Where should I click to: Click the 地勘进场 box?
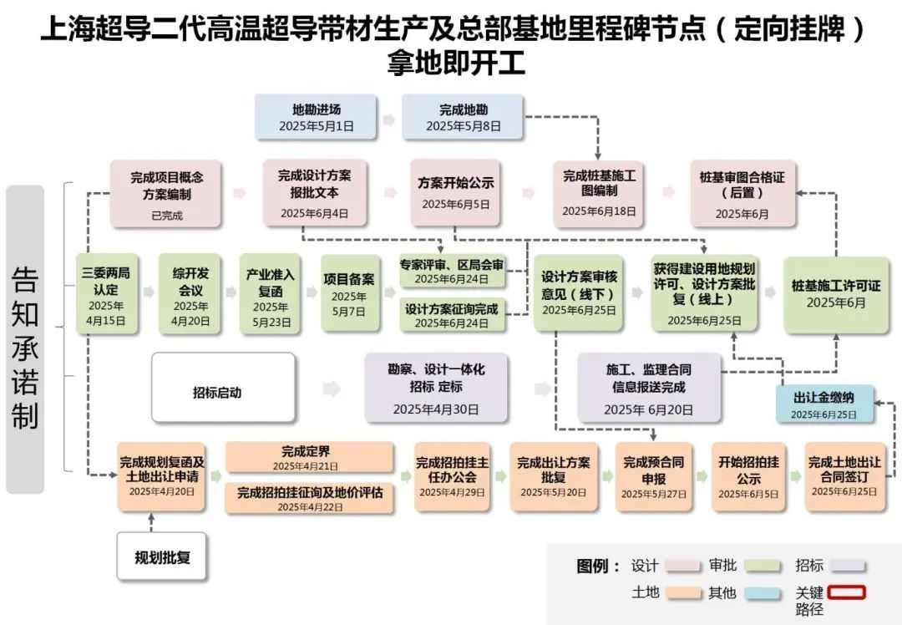click(316, 117)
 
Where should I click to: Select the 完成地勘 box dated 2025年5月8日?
click(463, 117)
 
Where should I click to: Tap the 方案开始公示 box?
click(455, 193)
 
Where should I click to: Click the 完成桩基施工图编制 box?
click(599, 193)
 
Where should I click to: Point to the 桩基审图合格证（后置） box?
click(742, 193)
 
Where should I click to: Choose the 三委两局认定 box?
click(106, 295)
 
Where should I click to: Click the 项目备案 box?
click(348, 295)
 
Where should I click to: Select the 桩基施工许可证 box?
click(836, 294)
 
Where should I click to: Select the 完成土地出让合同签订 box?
click(844, 476)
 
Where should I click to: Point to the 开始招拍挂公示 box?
click(748, 476)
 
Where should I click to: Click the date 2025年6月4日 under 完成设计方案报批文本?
click(314, 213)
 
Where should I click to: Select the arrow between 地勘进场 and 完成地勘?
click(388, 119)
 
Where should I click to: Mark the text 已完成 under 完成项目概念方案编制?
click(166, 216)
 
